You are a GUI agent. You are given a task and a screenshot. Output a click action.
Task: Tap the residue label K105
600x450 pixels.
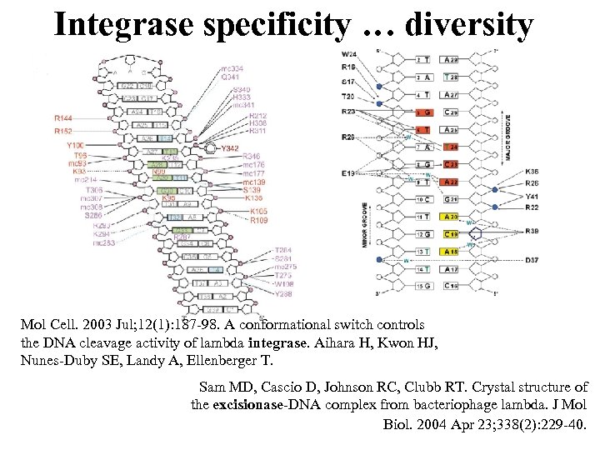259,212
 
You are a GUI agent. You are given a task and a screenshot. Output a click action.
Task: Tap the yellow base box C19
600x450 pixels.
451,233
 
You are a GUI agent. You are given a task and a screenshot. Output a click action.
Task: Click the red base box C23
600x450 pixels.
451,164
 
